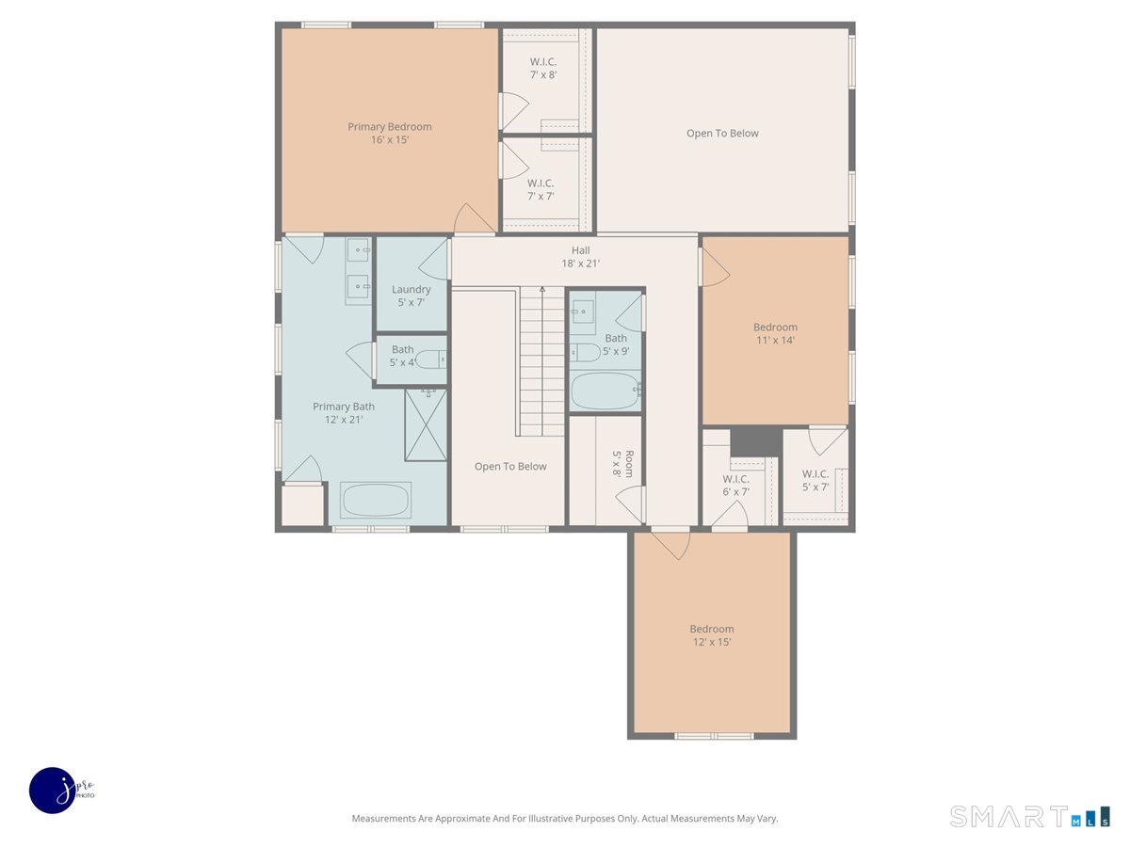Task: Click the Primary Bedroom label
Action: click(x=389, y=133)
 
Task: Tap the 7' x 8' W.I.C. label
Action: click(x=542, y=68)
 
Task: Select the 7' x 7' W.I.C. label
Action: click(x=540, y=189)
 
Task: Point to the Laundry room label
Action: click(x=412, y=296)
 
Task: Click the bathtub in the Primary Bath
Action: click(x=376, y=500)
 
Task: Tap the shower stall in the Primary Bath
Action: click(x=426, y=424)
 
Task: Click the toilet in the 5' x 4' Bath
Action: click(x=429, y=360)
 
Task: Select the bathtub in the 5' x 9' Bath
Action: click(x=605, y=391)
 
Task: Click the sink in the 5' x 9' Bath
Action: click(x=583, y=312)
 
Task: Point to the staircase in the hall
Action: click(x=541, y=362)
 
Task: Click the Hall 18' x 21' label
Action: click(x=580, y=257)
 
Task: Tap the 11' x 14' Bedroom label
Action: click(x=775, y=333)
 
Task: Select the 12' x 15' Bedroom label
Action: click(x=711, y=635)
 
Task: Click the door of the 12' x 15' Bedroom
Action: click(x=670, y=544)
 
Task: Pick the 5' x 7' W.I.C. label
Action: click(x=815, y=480)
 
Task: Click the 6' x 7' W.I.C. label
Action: click(x=735, y=485)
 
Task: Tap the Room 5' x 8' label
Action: click(x=623, y=463)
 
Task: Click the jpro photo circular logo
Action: click(x=54, y=790)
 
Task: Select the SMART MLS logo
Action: click(x=1029, y=816)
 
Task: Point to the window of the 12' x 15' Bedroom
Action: click(x=713, y=736)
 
